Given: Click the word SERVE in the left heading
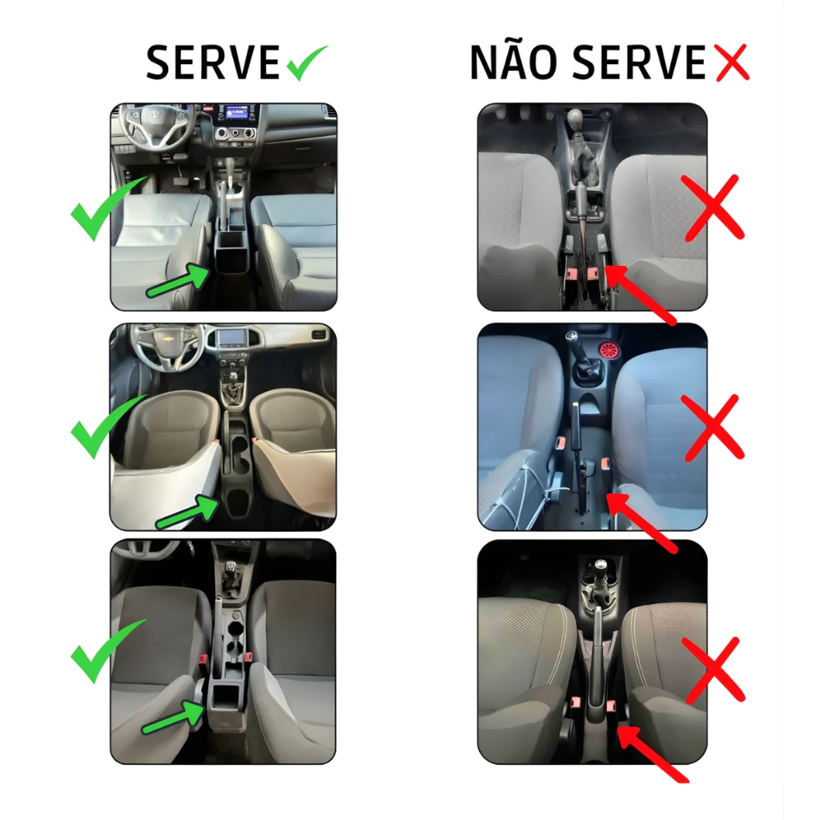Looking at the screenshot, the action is point(213,62).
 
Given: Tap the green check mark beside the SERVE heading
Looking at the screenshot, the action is point(307,62).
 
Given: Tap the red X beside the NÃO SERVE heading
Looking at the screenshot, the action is point(731,62).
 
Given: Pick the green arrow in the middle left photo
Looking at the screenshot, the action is point(187,511).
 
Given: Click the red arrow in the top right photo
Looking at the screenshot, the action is point(640,295).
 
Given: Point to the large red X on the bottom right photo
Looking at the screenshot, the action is point(714,670).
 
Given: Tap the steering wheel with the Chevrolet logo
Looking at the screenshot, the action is point(167,345).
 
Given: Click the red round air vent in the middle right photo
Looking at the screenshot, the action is point(609,349).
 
